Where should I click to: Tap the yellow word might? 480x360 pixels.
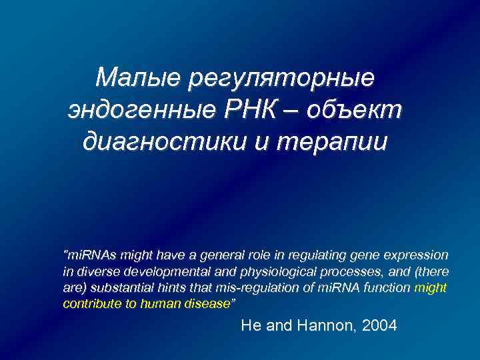point(430,288)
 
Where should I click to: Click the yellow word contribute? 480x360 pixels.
point(88,304)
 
